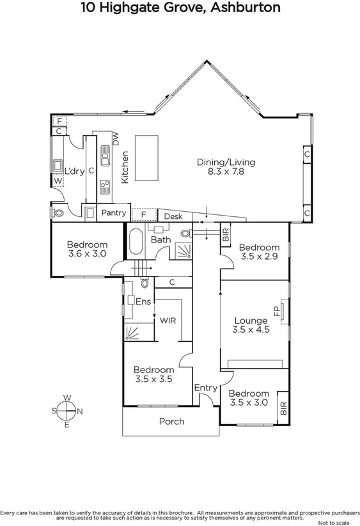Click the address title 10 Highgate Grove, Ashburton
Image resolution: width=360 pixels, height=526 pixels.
coord(180,8)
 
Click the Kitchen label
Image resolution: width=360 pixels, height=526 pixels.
coord(125,167)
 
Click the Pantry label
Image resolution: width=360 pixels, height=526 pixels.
coord(114,212)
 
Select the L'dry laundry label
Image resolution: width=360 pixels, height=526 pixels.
coord(75,171)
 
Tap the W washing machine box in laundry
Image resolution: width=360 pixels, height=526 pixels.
coord(58,181)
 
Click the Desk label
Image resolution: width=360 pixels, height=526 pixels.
coord(173,217)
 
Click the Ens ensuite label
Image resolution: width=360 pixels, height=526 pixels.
coord(143,301)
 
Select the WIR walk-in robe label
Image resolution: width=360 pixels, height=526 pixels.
coord(168,320)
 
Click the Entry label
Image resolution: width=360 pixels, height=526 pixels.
coord(205,388)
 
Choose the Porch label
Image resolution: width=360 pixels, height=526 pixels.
coord(171,421)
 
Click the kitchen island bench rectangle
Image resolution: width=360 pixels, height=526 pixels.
coord(148,158)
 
